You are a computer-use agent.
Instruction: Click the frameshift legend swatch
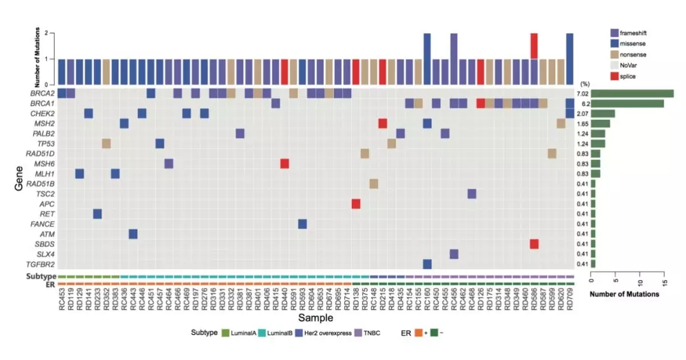[x=614, y=32]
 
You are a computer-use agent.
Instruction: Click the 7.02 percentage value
[x=580, y=93]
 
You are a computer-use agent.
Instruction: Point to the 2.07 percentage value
[x=580, y=113]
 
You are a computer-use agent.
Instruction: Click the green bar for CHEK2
[x=603, y=113]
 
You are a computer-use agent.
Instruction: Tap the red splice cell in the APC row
[x=356, y=204]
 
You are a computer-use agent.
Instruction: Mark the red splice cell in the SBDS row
[x=534, y=244]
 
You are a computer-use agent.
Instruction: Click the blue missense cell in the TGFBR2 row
[x=427, y=263]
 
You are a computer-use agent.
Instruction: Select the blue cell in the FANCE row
[x=302, y=223]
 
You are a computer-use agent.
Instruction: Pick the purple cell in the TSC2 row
[x=472, y=194]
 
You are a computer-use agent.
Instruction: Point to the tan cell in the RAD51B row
[x=373, y=183]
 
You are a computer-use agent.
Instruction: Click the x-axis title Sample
[x=315, y=317]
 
